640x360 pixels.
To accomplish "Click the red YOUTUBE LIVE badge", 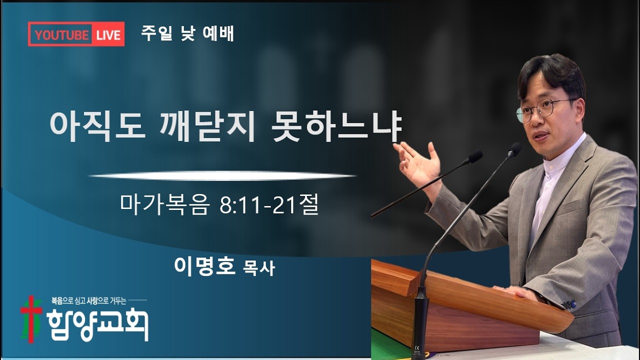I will click(76, 34).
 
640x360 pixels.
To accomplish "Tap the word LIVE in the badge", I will click(108, 35).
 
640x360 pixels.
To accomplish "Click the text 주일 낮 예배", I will click(187, 33).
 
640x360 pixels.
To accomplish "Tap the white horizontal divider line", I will click(222, 176).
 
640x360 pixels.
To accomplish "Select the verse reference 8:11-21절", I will click(269, 205).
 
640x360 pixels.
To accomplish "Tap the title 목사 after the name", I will click(258, 269).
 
